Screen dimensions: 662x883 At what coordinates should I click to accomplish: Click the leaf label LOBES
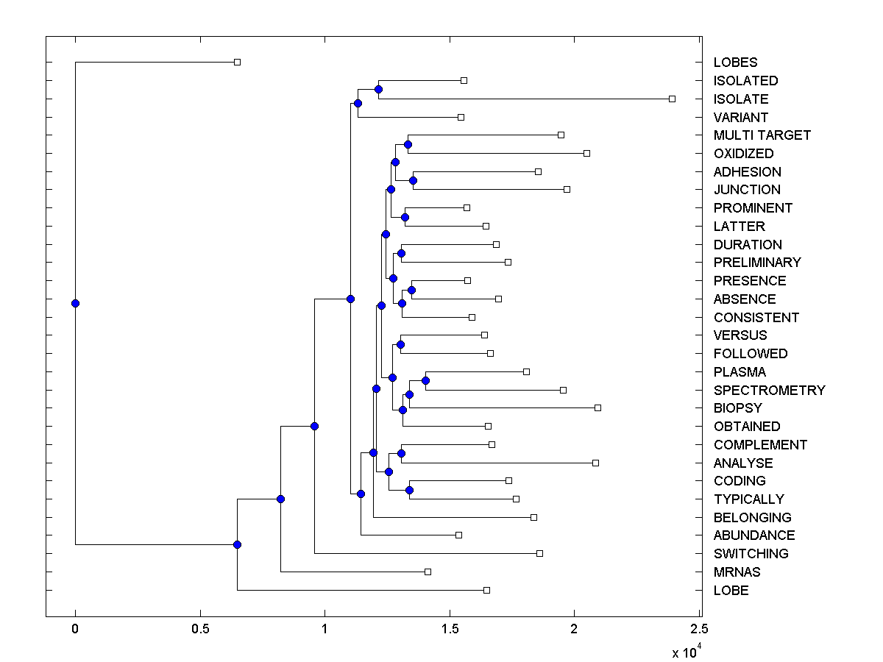tap(735, 63)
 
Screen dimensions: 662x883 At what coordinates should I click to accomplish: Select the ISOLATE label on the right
tap(740, 99)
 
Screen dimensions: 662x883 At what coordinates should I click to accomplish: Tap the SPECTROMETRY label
tap(769, 390)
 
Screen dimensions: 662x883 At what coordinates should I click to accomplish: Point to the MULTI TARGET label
tap(762, 135)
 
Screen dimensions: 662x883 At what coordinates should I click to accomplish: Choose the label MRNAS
tap(737, 572)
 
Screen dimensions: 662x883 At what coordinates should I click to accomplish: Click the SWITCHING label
tap(751, 554)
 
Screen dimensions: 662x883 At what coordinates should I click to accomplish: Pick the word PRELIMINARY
tap(757, 263)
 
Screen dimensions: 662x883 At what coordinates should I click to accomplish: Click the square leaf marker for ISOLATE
tap(672, 99)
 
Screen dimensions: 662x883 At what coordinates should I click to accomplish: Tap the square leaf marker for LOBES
tap(237, 63)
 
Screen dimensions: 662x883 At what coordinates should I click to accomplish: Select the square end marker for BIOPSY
tap(597, 407)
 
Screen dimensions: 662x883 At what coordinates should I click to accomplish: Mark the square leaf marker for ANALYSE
tap(595, 463)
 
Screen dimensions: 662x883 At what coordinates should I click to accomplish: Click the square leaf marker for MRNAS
tap(428, 572)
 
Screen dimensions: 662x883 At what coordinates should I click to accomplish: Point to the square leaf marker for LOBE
tap(486, 590)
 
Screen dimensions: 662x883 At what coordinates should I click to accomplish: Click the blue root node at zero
tap(75, 303)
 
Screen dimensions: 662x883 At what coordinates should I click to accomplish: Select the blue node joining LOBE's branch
tap(237, 544)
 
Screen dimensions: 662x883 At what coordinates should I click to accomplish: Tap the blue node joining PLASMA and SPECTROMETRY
tap(425, 380)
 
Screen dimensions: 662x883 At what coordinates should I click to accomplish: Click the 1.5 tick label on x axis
tap(449, 629)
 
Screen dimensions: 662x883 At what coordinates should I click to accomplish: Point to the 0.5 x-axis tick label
tap(199, 629)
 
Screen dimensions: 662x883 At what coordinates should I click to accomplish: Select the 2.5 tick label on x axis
tap(699, 629)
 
